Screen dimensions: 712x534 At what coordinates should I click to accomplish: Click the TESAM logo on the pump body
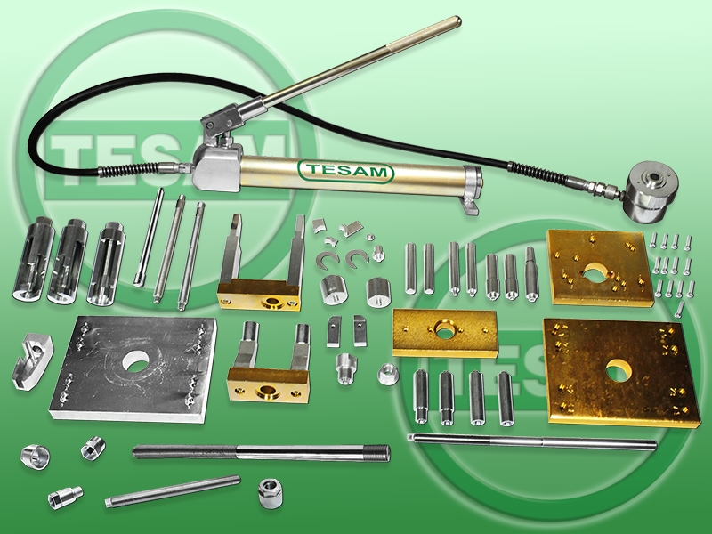tap(345, 171)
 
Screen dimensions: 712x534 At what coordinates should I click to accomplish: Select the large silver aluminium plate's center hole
tap(135, 361)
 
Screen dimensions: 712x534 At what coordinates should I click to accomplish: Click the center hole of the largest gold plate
tap(618, 369)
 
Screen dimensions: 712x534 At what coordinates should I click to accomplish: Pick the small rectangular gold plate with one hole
tap(444, 333)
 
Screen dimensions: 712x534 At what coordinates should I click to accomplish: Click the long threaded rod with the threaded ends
tap(261, 453)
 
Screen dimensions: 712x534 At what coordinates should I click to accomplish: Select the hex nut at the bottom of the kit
tap(269, 493)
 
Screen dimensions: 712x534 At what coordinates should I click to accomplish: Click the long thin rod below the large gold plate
tap(532, 441)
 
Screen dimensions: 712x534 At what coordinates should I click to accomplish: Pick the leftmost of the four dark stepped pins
tap(420, 396)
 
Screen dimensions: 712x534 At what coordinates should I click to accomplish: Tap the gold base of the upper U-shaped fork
tap(259, 297)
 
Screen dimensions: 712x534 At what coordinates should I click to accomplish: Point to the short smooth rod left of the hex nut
tap(172, 491)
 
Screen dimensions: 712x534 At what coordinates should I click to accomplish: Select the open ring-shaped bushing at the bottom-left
tap(35, 457)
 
